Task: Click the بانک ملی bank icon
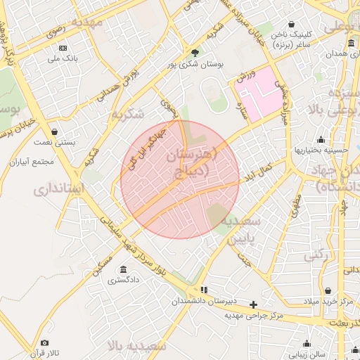point(63,48)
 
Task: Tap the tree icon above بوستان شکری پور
point(195,52)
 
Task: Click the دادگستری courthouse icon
point(124,270)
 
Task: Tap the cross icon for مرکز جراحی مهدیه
point(254,304)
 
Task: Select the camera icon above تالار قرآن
point(45,342)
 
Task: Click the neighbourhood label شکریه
point(127,113)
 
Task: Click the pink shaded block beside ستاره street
point(258,90)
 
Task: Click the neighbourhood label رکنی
point(316,256)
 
